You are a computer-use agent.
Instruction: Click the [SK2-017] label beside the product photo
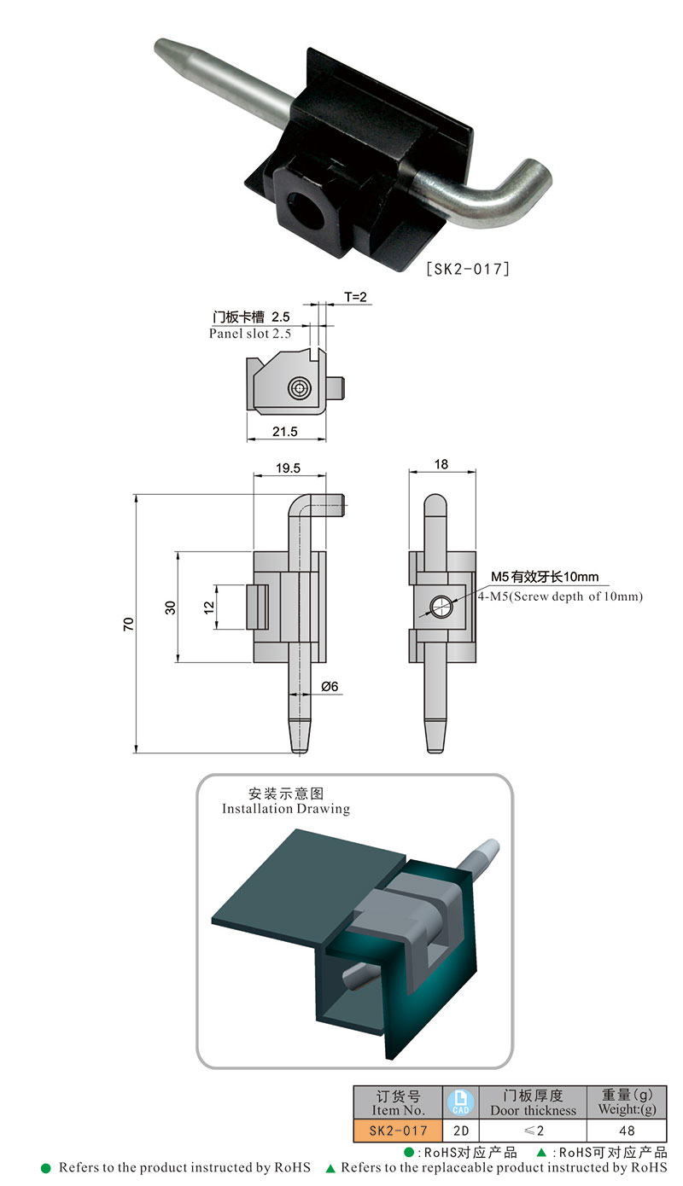coord(468,269)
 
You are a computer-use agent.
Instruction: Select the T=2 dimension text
coord(355,297)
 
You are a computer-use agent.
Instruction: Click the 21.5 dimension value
coord(285,432)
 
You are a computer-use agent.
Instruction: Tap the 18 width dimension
coord(441,464)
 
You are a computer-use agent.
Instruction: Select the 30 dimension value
coord(171,608)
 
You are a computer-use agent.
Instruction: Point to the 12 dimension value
coord(207,608)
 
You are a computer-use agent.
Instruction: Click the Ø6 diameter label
coord(331,686)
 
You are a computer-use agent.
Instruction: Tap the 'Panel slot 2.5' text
coord(250,334)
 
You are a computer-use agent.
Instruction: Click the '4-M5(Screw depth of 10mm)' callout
coord(560,596)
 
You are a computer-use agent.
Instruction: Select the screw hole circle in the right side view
coord(440,607)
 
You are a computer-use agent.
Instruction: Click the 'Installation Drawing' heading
coord(286,808)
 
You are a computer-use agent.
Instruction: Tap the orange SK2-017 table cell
coord(398,1131)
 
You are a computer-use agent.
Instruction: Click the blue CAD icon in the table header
coord(460,1102)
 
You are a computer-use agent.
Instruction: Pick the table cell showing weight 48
coord(628,1131)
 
